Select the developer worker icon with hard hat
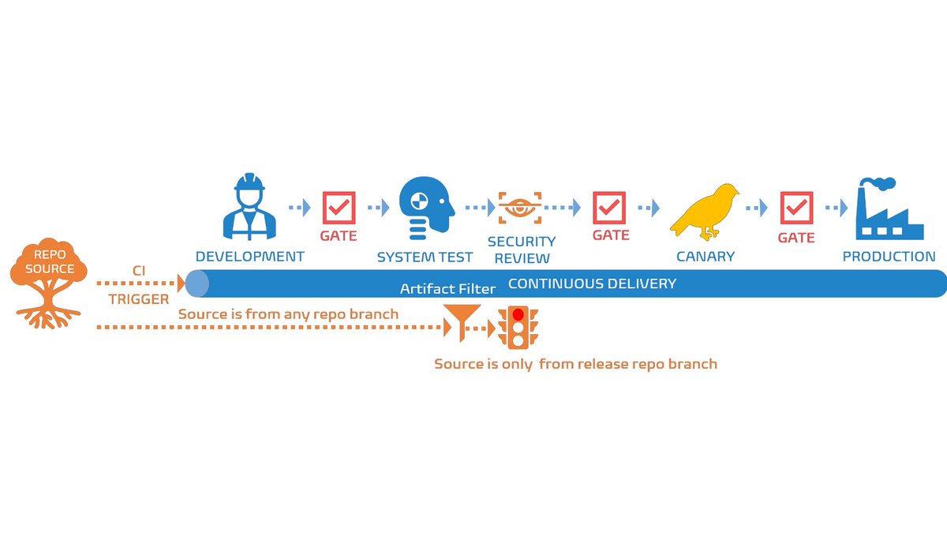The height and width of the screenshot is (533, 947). [x=249, y=207]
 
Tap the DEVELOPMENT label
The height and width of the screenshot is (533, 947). [x=249, y=257]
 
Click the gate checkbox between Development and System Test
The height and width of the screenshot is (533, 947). [x=339, y=208]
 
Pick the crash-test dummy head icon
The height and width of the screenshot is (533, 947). [x=425, y=208]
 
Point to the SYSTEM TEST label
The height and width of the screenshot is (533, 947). [x=425, y=257]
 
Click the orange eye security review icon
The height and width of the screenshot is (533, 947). [x=520, y=208]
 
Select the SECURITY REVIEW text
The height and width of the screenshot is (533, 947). [x=521, y=250]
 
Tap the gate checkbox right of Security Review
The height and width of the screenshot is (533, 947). [x=610, y=208]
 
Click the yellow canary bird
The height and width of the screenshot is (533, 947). [x=706, y=209]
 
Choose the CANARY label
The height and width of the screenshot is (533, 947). [x=706, y=257]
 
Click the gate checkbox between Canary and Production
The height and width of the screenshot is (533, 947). [x=795, y=208]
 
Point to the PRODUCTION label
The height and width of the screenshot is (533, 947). [x=889, y=257]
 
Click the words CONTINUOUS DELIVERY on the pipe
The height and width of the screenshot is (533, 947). [x=592, y=283]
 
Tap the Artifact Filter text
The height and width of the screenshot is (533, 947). [x=447, y=289]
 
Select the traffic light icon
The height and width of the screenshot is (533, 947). [x=518, y=328]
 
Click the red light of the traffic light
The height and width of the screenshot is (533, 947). [x=518, y=314]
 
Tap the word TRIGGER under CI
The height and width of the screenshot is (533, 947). [x=139, y=299]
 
